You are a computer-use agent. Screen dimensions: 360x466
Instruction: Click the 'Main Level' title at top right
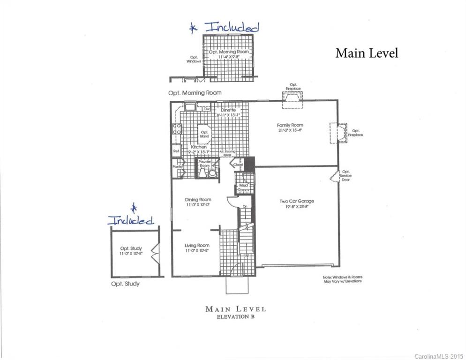367,53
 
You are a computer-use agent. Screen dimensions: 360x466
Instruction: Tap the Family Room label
290,125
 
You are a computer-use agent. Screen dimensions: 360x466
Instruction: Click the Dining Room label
198,199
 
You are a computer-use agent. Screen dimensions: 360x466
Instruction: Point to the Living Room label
197,245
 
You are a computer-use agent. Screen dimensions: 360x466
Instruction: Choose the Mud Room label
243,187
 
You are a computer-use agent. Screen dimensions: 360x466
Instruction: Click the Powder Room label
205,163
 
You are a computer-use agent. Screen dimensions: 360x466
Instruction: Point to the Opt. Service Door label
346,176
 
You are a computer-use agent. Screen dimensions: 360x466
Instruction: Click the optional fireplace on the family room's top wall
292,96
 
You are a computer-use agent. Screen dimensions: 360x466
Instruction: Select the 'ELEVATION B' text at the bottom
235,317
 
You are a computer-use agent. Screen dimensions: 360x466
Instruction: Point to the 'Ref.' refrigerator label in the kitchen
176,151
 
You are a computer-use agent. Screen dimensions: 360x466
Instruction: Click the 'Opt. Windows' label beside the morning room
194,59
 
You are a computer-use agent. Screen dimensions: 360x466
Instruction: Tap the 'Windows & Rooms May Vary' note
342,279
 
